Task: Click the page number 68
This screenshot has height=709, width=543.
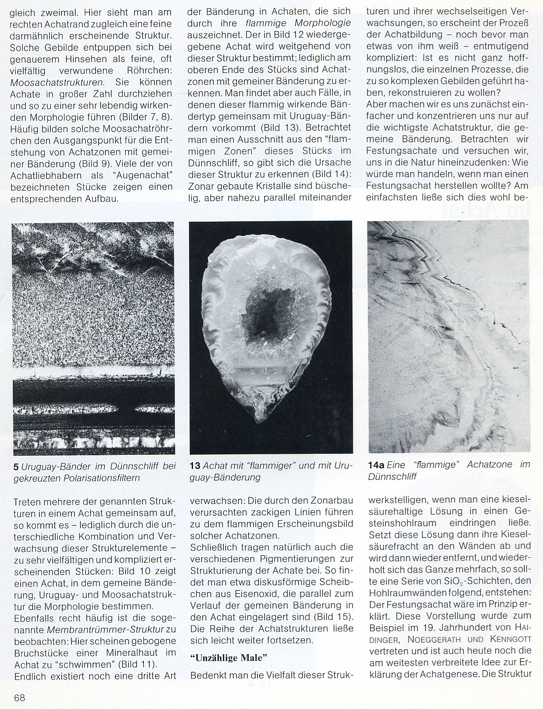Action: point(20,697)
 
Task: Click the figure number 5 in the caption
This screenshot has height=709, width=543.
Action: point(17,466)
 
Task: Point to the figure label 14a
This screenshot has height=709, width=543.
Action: point(376,465)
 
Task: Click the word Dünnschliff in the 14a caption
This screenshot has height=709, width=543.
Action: point(393,476)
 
